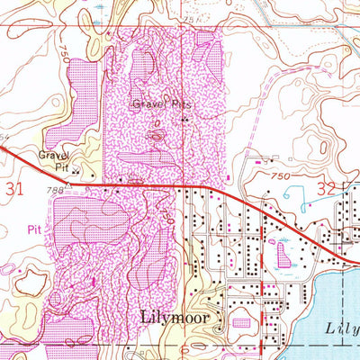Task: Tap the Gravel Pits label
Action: tap(163, 103)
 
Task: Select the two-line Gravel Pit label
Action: tap(53, 159)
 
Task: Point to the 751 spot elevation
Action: tap(189, 18)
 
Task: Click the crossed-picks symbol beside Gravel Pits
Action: tap(185, 118)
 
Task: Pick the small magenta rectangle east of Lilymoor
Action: tap(240, 321)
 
